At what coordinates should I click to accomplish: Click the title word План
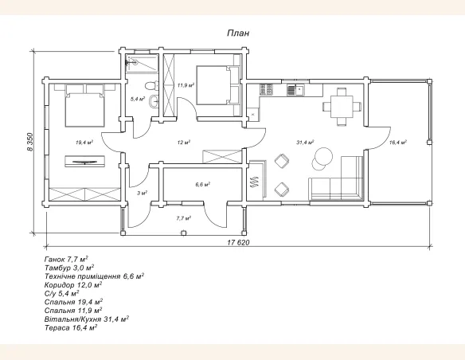point(238,33)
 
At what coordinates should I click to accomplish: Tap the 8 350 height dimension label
point(30,142)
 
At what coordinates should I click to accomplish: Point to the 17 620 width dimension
point(238,243)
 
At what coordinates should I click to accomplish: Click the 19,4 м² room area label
point(84,143)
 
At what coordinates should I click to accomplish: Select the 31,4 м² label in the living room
point(305,143)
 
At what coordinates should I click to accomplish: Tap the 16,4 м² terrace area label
point(398,143)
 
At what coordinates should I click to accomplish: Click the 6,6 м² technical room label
point(203,185)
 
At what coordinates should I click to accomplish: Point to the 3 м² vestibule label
point(143,193)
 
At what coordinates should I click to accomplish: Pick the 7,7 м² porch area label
point(184,218)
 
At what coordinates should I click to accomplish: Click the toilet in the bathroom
point(151,86)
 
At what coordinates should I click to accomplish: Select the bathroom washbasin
point(154,102)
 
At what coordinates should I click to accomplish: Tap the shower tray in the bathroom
point(142,63)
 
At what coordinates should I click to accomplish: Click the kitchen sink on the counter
point(295,90)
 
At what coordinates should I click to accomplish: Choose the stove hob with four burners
point(266,89)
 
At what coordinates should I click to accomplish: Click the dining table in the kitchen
point(342,106)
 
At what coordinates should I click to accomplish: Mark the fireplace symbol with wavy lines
point(256,182)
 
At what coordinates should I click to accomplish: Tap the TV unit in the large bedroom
point(85,161)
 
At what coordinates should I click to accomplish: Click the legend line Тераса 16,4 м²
point(71,328)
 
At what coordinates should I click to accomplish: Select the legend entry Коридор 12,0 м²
point(73,285)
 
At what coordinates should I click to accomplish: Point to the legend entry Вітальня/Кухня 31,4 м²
point(87,319)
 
